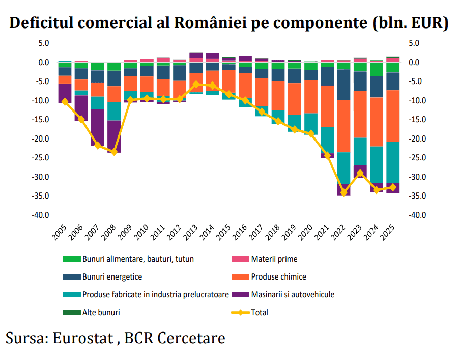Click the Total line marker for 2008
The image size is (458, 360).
114,152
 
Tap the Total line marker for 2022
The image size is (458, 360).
344,192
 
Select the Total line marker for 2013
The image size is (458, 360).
196,85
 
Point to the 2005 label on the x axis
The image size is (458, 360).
60,233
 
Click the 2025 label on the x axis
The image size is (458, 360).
388,233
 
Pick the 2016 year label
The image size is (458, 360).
240,233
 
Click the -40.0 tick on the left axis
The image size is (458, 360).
40,215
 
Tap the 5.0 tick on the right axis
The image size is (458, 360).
414,43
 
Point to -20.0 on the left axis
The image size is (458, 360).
40,139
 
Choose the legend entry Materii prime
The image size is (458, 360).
264,259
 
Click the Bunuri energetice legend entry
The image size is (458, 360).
102,276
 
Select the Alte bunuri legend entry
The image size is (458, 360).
92,312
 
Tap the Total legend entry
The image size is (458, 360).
250,312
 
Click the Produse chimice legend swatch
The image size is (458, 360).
240,276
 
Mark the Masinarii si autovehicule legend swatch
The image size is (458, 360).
240,294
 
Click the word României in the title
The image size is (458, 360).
210,22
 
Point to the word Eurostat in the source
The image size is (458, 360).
82,338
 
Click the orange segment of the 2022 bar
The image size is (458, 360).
344,126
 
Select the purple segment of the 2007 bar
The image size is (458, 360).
98,128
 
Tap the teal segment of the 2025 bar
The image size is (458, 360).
393,162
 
